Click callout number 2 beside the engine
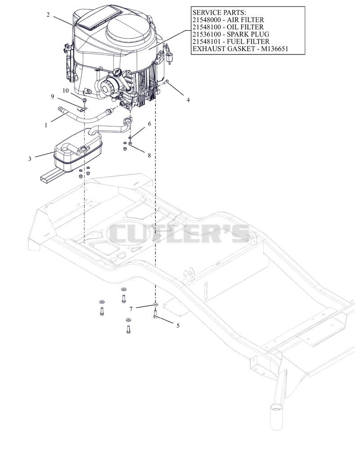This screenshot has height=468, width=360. click(x=48, y=14)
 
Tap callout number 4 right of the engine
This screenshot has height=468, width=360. click(x=188, y=100)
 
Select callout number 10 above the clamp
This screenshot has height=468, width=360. click(x=66, y=91)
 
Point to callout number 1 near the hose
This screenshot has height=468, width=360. click(x=46, y=125)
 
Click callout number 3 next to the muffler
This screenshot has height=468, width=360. click(x=30, y=159)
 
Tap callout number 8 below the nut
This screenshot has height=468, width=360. click(x=149, y=155)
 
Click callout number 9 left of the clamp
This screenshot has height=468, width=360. click(x=53, y=96)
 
